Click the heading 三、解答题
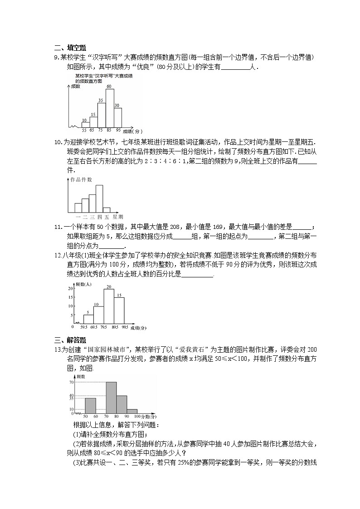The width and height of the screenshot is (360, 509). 70,340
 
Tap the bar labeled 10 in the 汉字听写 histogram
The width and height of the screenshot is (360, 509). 85,124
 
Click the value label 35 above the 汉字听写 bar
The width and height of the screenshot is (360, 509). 101,100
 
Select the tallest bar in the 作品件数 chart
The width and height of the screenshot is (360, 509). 99,199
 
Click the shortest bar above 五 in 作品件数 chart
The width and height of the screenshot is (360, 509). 107,210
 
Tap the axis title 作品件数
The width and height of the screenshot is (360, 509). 81,180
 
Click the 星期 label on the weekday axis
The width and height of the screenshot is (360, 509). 117,217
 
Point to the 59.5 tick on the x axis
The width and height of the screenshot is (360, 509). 84,326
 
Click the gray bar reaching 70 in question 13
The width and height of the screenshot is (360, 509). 111,398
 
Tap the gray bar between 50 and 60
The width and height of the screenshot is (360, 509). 90,405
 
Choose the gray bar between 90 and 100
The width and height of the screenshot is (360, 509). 132,411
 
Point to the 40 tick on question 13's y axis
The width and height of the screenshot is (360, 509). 71,395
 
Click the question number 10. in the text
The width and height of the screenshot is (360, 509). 58,142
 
